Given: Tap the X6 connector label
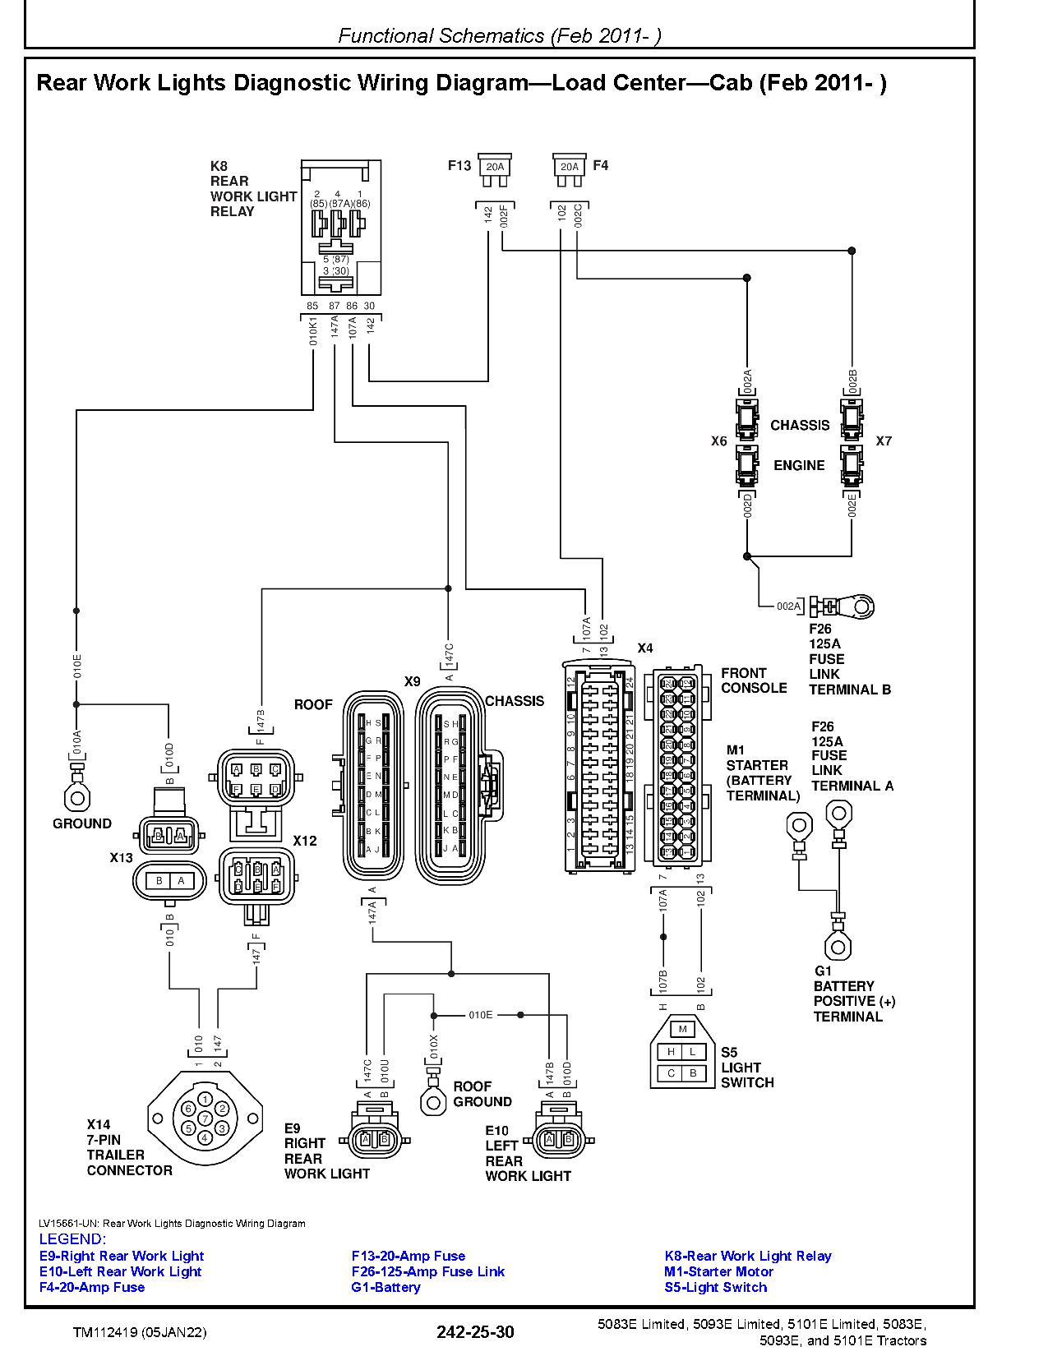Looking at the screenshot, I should point(718,441).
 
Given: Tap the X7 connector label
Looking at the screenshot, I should point(883,441).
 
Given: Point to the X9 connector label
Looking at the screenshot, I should point(412,681).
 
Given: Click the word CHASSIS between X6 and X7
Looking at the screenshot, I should point(799,425).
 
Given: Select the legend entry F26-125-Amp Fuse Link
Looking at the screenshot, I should point(427,1271).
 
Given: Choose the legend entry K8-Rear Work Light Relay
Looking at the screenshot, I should point(747,1256).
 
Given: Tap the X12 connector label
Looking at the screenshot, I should point(305,841).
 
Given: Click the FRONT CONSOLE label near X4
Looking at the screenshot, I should point(753,680).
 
